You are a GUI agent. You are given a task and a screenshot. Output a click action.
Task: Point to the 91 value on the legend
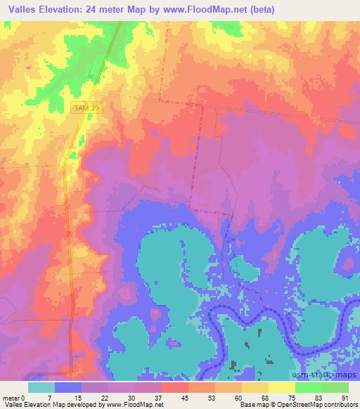[345, 398]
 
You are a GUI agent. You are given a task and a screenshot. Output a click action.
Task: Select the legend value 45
[165, 398]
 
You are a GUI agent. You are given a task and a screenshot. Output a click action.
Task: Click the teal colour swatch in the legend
[41, 387]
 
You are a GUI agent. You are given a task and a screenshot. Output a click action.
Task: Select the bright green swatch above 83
[308, 387]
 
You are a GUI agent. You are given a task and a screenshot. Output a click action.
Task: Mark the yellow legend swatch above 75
[281, 387]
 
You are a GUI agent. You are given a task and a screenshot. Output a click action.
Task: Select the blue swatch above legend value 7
[67, 387]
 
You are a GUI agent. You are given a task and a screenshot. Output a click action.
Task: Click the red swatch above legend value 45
[174, 387]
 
